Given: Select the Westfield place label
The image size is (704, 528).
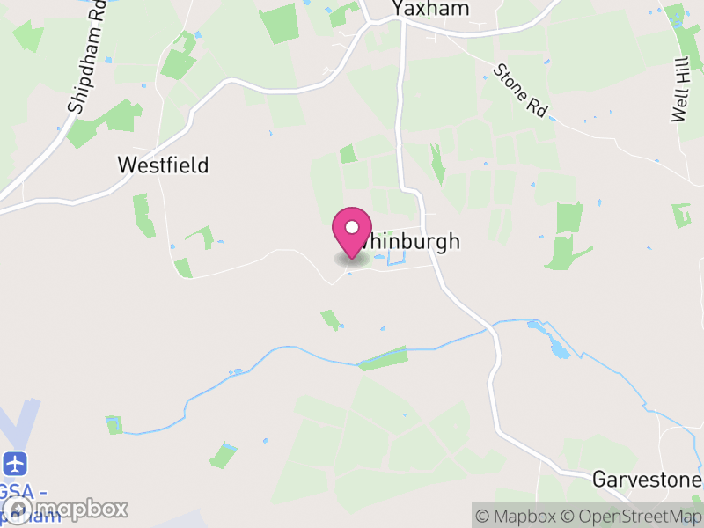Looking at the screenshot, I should point(163,165).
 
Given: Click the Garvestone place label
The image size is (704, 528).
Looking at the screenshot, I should point(647,480).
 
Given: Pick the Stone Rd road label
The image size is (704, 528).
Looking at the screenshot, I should point(520,90).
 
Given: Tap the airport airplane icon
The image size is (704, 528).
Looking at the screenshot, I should point(15,463).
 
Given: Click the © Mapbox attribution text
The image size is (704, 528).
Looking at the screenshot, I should point(519,516).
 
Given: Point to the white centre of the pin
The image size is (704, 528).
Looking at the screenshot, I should point(352,227).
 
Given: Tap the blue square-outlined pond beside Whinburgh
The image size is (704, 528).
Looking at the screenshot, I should point(395,257).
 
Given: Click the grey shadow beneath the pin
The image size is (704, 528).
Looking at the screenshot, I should point(351,260).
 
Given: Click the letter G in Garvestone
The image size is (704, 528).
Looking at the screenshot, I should point(599,480).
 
